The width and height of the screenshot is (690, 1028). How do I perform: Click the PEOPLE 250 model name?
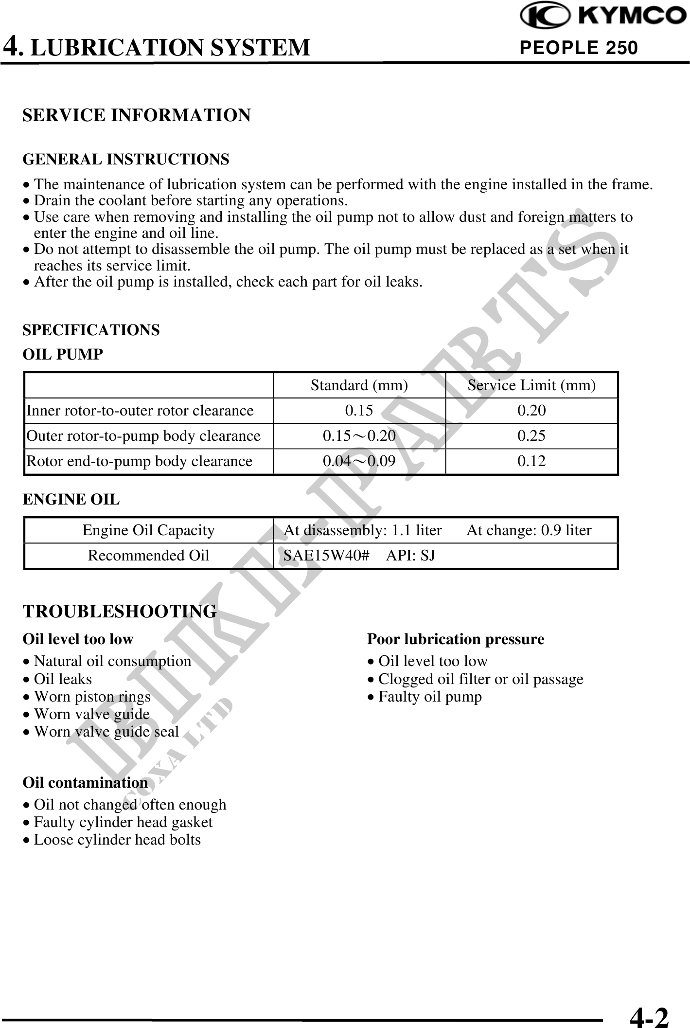pyautogui.click(x=578, y=48)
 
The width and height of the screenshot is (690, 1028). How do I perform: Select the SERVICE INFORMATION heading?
pyautogui.click(x=137, y=115)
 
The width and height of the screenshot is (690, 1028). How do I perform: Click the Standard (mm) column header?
pyautogui.click(x=359, y=385)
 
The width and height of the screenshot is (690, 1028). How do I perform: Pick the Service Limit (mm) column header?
pyautogui.click(x=531, y=385)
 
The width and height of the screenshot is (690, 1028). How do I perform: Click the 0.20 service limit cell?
pyautogui.click(x=531, y=411)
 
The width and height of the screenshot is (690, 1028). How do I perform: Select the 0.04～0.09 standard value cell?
pyautogui.click(x=359, y=461)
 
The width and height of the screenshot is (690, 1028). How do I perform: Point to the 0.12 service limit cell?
pyautogui.click(x=531, y=461)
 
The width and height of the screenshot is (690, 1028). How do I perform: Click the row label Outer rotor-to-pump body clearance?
pyautogui.click(x=143, y=436)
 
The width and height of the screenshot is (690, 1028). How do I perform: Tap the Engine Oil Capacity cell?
pyautogui.click(x=148, y=530)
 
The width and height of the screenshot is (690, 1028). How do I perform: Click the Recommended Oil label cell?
pyautogui.click(x=148, y=556)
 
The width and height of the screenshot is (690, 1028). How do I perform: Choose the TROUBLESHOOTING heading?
pyautogui.click(x=120, y=612)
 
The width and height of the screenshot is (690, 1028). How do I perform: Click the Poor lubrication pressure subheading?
pyautogui.click(x=456, y=639)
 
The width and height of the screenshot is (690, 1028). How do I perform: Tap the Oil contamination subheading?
pyautogui.click(x=85, y=782)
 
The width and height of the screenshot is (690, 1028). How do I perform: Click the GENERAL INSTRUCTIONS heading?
pyautogui.click(x=126, y=159)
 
